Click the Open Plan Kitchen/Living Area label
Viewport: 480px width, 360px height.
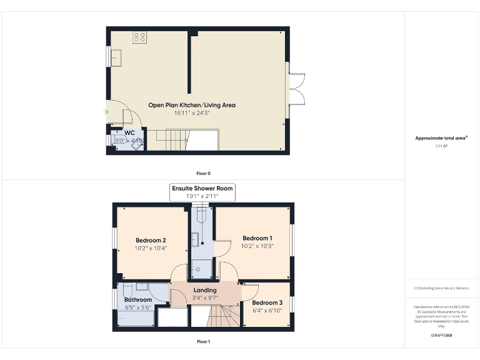click(x=191, y=105)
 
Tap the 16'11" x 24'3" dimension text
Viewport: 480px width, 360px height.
click(x=191, y=113)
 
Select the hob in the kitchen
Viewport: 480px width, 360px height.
click(x=139, y=37)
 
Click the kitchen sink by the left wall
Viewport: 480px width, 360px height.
click(x=117, y=57)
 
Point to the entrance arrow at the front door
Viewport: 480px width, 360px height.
click(x=104, y=112)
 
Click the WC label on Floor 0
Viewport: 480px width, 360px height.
click(x=129, y=132)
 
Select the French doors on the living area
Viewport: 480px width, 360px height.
click(x=297, y=89)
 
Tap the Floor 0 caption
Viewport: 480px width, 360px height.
click(x=203, y=172)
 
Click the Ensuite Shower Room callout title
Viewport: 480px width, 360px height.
click(x=202, y=188)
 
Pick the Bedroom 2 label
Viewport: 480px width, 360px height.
click(x=151, y=240)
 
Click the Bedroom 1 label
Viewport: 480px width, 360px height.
click(x=257, y=238)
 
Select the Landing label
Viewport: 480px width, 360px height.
click(x=205, y=290)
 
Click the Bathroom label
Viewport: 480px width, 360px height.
click(x=137, y=299)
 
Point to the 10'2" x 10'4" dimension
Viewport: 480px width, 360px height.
click(x=151, y=248)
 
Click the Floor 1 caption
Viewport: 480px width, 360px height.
click(x=203, y=342)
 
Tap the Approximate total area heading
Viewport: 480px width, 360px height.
click(x=441, y=138)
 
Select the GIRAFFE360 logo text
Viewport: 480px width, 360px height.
click(x=441, y=336)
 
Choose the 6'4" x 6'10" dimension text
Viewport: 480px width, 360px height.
click(x=267, y=311)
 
